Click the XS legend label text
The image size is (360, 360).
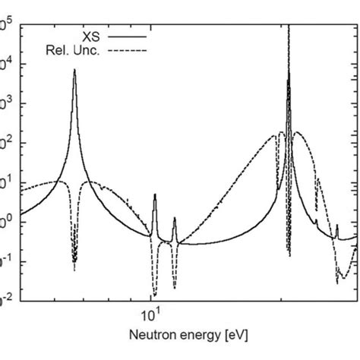91,35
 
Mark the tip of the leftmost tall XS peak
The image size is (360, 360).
74,70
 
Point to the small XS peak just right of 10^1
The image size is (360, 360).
155,195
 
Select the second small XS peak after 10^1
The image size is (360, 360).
175,219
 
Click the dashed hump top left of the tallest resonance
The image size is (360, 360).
279,133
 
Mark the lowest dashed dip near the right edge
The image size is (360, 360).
338,282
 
